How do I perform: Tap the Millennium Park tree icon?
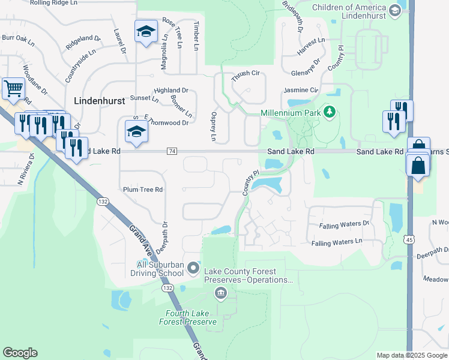(329, 112)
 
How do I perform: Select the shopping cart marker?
(13, 89)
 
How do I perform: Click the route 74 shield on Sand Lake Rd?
(173, 152)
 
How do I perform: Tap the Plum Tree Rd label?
(143, 190)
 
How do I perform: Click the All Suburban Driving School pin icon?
(193, 268)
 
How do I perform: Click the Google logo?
(20, 353)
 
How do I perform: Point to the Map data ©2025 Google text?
(412, 355)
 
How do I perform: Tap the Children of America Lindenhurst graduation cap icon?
(394, 10)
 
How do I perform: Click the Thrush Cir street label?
(246, 73)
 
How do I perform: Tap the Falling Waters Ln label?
(337, 242)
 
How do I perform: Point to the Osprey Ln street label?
(213, 126)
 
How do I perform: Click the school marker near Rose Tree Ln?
(145, 31)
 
